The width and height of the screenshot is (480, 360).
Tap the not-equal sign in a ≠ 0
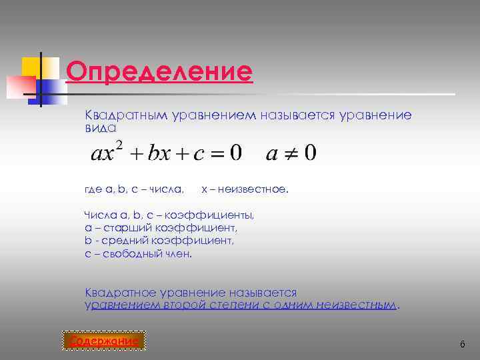291,154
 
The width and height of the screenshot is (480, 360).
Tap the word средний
123,241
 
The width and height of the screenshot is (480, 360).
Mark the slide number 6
461,343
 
